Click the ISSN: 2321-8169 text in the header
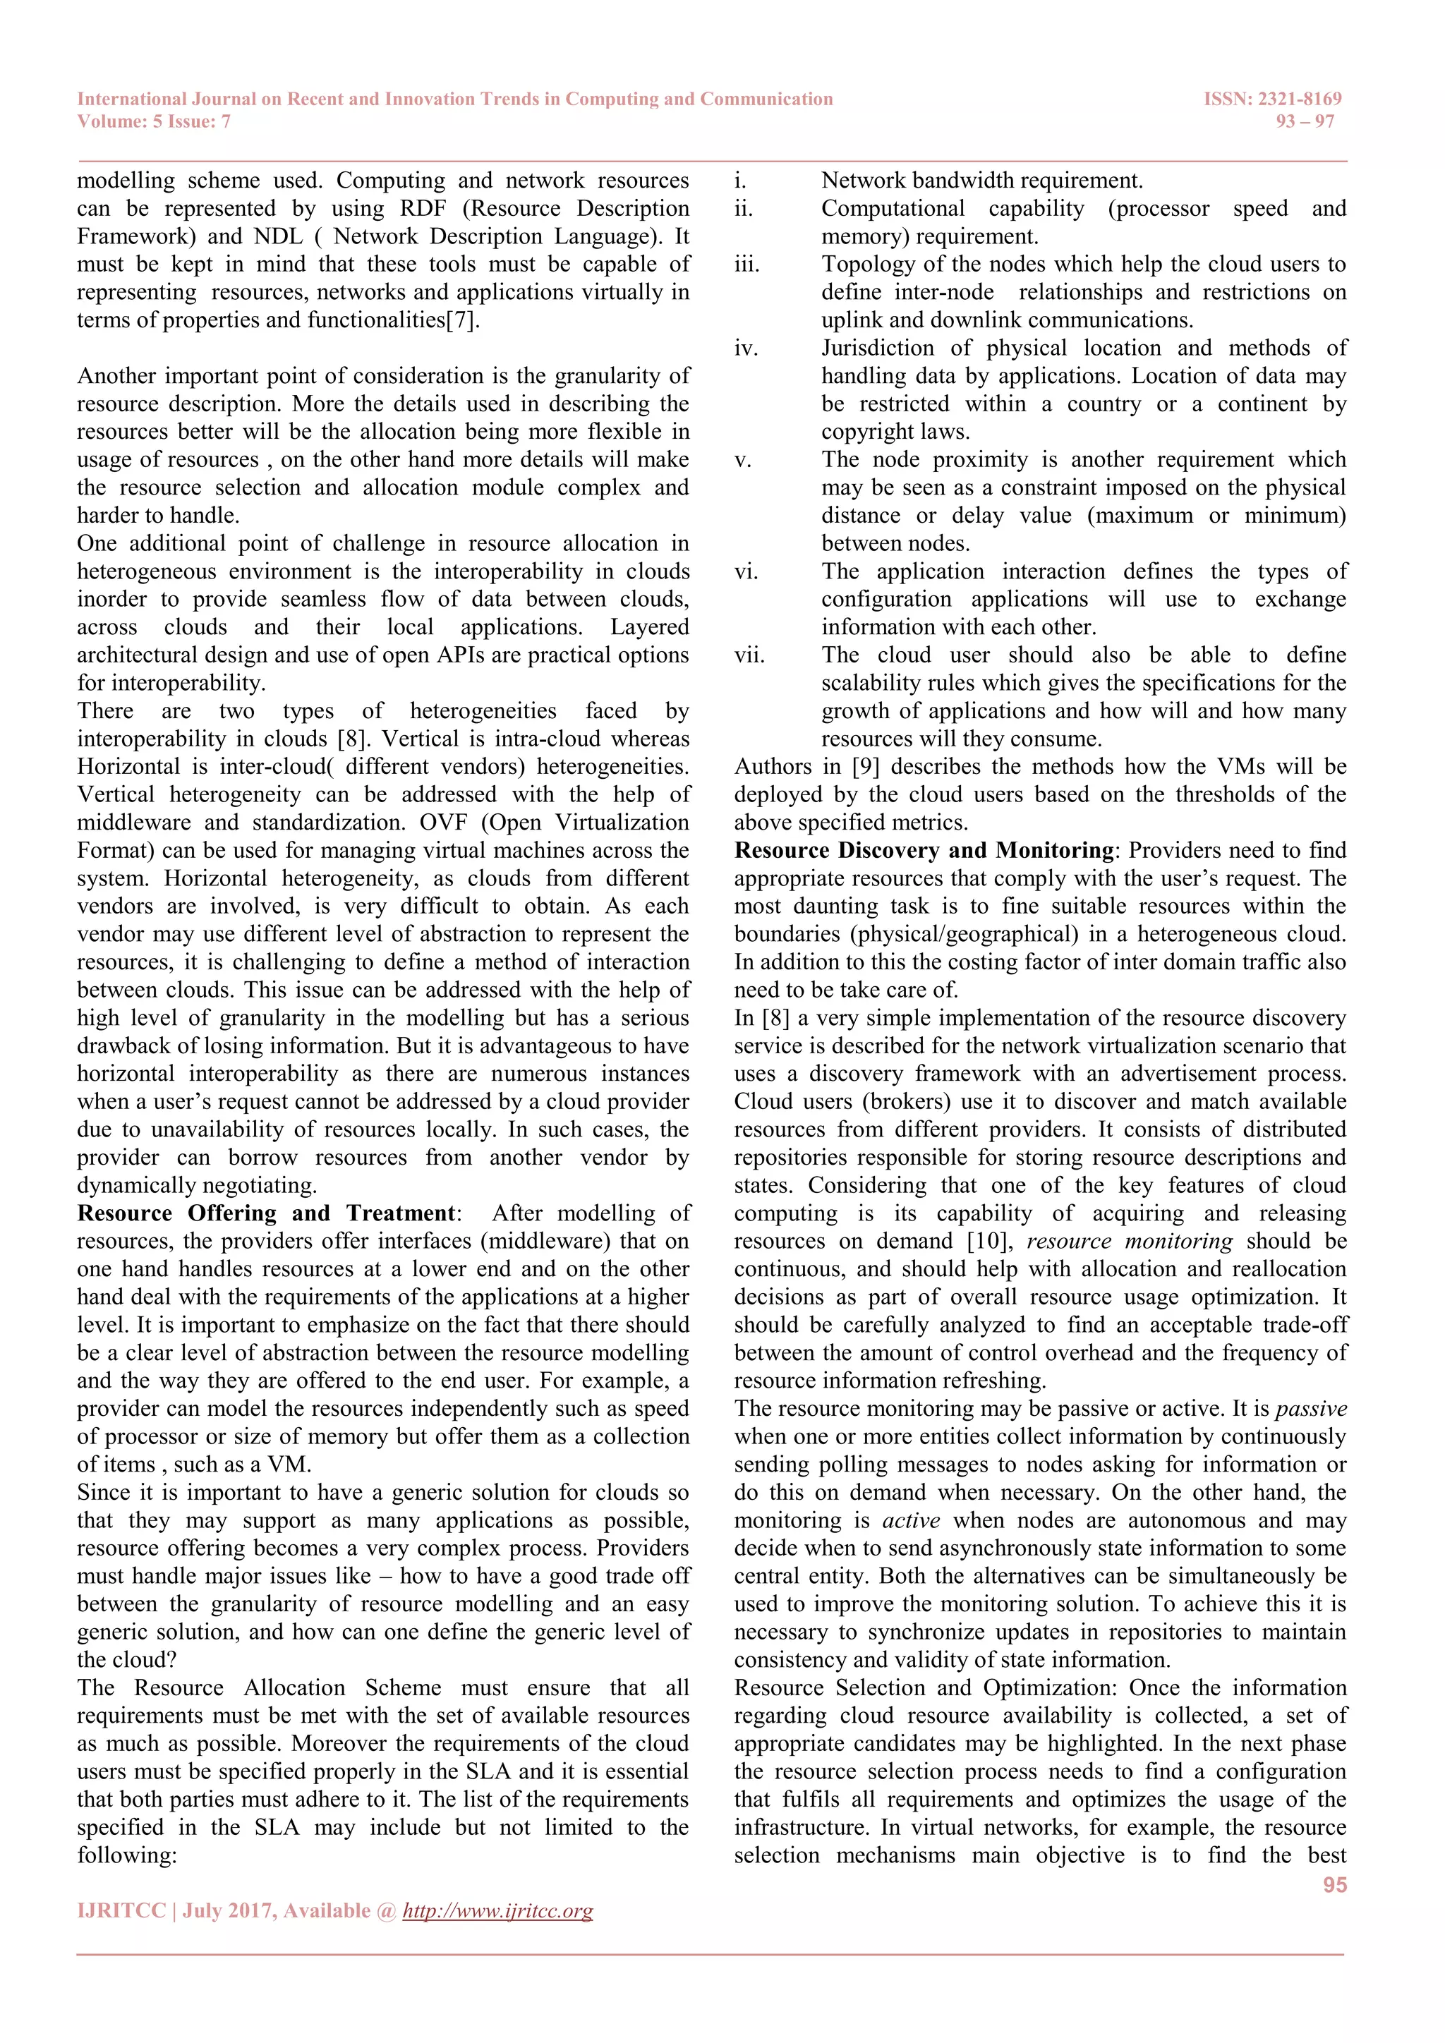1271,99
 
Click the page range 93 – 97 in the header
1305,121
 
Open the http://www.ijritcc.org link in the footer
497,1910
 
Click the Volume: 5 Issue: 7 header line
154,121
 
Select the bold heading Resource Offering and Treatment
266,1213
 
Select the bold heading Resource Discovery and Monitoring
924,850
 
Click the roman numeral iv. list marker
746,348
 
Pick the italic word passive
1311,1409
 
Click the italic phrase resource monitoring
1129,1242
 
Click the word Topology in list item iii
859,265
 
